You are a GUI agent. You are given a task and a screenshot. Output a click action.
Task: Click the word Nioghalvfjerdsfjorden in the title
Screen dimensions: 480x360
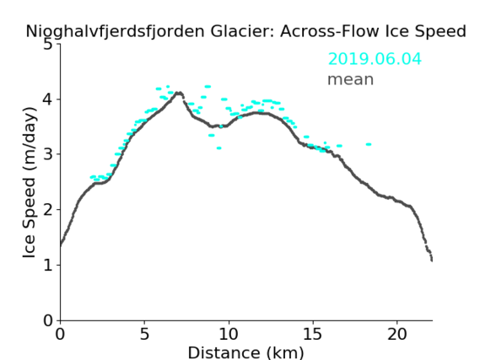click(x=115, y=31)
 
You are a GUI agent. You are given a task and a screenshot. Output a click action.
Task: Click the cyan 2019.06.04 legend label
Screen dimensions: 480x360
click(x=375, y=59)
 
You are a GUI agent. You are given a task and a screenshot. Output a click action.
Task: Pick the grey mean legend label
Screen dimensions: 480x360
click(x=351, y=79)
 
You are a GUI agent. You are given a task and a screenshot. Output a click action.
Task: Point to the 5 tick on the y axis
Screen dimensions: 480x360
click(x=48, y=45)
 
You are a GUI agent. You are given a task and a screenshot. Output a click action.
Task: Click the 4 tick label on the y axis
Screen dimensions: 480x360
click(x=48, y=99)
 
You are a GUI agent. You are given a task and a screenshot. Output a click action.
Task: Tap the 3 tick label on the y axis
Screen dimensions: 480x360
click(x=48, y=154)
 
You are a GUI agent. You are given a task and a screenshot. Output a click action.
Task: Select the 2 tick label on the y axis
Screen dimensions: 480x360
click(x=48, y=210)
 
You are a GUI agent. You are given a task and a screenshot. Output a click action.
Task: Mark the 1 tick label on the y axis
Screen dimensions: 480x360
click(x=48, y=265)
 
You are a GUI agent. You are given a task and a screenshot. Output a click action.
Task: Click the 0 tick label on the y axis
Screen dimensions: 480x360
click(x=48, y=320)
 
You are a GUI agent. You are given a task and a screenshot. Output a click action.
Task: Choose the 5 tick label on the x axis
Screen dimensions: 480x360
click(x=144, y=334)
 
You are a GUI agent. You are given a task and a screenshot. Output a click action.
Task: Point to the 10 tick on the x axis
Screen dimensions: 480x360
click(x=229, y=334)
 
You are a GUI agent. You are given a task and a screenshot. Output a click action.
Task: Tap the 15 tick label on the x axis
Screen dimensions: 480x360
click(x=313, y=334)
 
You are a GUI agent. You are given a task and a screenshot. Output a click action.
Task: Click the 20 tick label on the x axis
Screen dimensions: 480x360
click(x=396, y=334)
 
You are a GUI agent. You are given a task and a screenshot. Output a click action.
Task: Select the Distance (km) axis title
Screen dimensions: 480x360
click(x=245, y=352)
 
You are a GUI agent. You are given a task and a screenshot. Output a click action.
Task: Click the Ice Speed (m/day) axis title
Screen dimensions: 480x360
click(x=30, y=183)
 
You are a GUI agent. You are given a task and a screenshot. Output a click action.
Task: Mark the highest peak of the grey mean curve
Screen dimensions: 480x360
click(x=180, y=93)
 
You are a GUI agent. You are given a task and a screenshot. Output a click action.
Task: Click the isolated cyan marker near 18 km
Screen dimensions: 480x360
click(x=369, y=144)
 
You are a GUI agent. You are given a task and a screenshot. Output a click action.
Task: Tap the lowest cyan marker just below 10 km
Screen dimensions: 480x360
click(x=218, y=148)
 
